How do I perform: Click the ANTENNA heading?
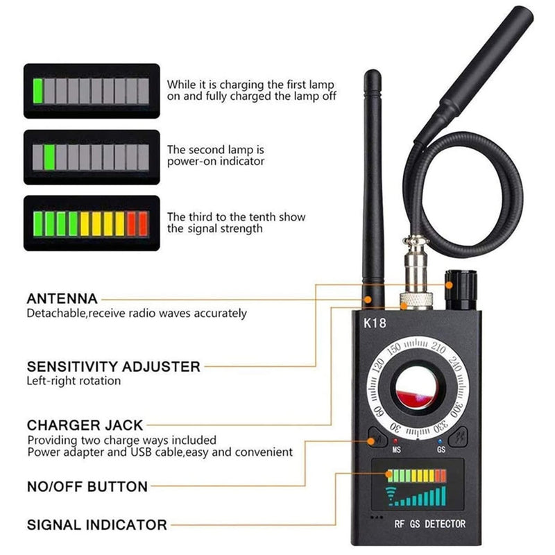click(62, 299)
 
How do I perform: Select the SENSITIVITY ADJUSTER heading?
click(114, 367)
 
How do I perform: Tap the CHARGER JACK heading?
click(85, 425)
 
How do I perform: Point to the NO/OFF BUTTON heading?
click(87, 487)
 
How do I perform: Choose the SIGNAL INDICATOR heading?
click(97, 525)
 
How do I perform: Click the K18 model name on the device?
click(375, 323)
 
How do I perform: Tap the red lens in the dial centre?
click(417, 388)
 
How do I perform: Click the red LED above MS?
click(395, 441)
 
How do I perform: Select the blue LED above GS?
click(440, 441)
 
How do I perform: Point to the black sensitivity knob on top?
click(461, 289)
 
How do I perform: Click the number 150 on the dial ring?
click(393, 349)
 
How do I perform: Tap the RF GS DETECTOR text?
click(429, 524)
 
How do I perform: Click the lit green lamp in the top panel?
click(38, 91)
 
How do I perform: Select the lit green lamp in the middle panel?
click(49, 157)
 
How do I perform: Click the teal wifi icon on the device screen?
click(391, 495)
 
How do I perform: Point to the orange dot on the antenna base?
click(368, 300)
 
